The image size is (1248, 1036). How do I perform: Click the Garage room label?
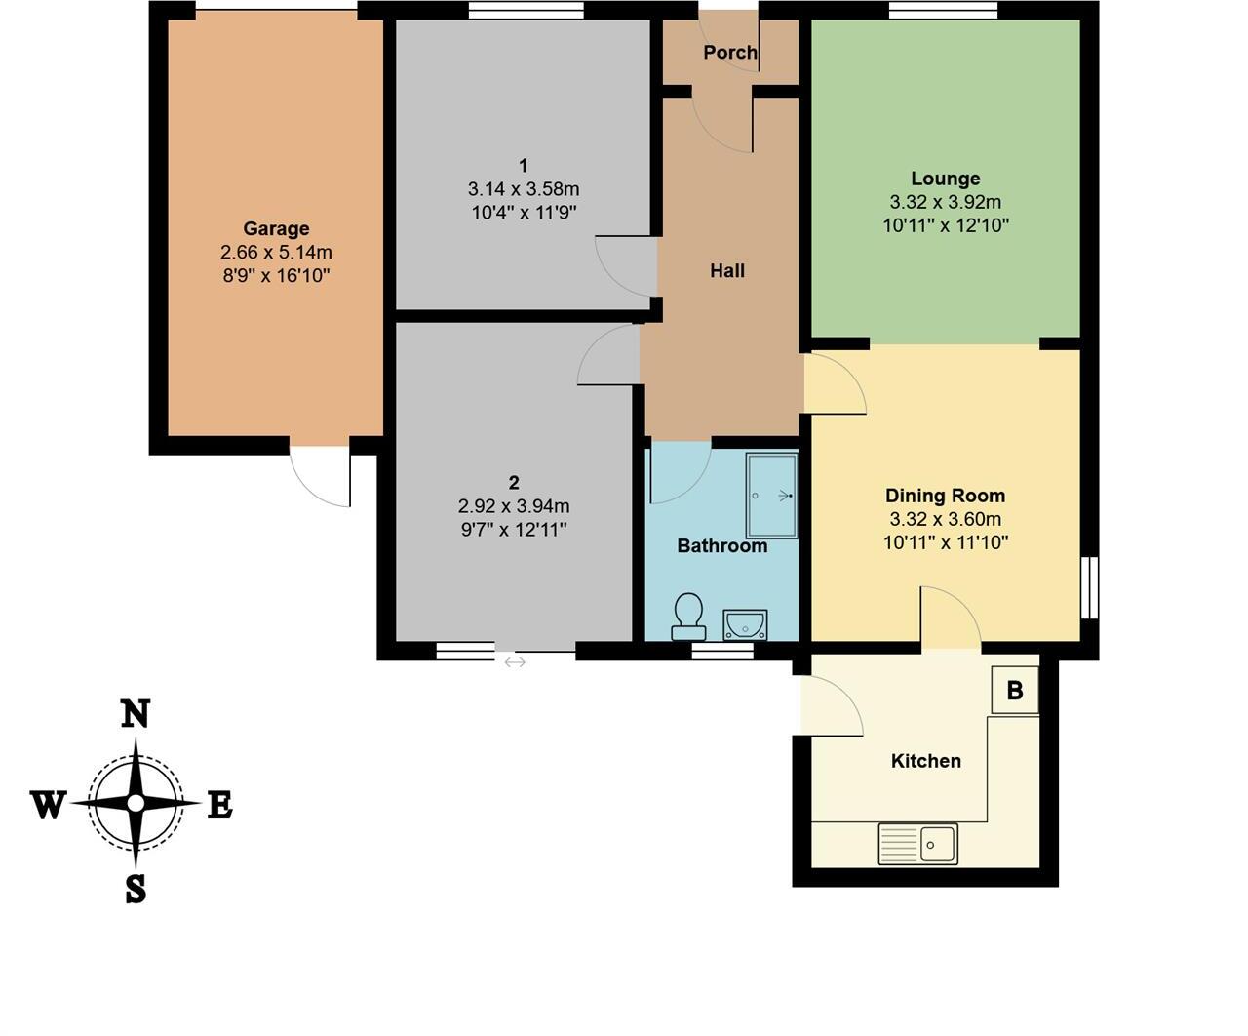click(x=276, y=228)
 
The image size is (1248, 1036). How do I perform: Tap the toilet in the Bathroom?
click(x=689, y=617)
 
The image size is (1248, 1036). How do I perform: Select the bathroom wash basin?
click(x=746, y=624)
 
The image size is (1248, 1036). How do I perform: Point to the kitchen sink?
click(x=918, y=844)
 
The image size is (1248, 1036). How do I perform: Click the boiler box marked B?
click(x=1015, y=691)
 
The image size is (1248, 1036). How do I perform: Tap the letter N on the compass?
click(x=135, y=714)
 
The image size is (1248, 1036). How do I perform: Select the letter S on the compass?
click(x=136, y=889)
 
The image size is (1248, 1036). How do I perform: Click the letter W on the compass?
click(x=48, y=805)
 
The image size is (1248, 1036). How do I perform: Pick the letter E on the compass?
click(x=220, y=805)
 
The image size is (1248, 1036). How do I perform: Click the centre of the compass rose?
click(x=136, y=803)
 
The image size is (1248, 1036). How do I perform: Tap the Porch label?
click(x=730, y=52)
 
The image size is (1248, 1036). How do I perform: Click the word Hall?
click(x=727, y=271)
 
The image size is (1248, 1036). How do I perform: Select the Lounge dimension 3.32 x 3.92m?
click(x=945, y=202)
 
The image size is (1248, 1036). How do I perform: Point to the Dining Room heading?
click(x=945, y=496)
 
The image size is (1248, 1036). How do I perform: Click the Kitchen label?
click(x=926, y=761)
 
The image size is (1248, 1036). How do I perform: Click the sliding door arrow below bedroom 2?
click(x=515, y=662)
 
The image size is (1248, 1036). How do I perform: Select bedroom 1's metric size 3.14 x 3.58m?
click(x=524, y=188)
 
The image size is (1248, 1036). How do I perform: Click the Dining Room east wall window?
click(x=1090, y=587)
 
